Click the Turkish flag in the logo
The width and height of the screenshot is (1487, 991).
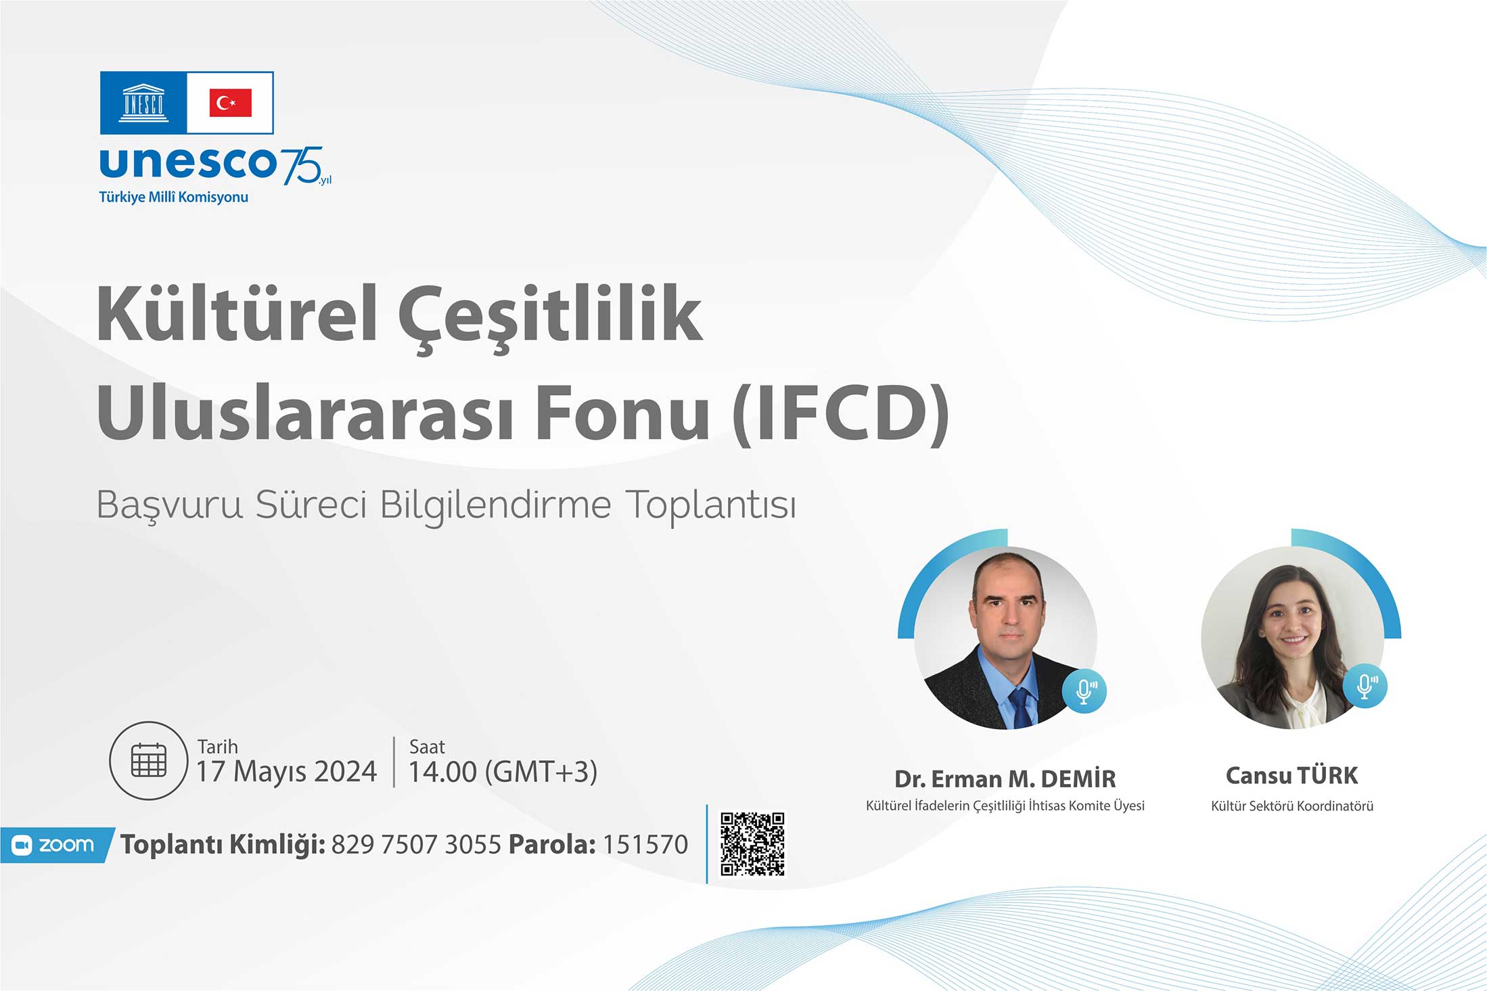point(230,103)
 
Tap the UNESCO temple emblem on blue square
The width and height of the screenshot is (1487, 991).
point(143,103)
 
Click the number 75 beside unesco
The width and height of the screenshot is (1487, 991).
point(302,166)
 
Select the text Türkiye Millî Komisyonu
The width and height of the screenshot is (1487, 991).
point(174,197)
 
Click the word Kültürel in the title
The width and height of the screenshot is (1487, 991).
point(237,314)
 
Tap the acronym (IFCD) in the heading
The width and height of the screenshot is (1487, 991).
point(841,413)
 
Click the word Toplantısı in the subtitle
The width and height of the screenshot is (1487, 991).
point(710,505)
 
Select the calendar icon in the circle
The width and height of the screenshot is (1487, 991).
point(148,760)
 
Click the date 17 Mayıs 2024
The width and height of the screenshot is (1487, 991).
point(286,772)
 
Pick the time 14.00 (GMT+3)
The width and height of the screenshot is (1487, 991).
point(503,772)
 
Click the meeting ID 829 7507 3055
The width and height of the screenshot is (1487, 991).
point(416,845)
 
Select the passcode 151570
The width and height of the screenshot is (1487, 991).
point(645,845)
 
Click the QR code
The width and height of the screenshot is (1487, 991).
point(752,844)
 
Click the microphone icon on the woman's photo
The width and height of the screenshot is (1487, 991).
point(1365,686)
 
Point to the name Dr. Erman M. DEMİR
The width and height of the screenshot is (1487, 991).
point(1005,779)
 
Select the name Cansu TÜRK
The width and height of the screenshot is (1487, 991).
point(1292,776)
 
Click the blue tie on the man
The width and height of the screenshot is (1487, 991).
point(1021,708)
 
